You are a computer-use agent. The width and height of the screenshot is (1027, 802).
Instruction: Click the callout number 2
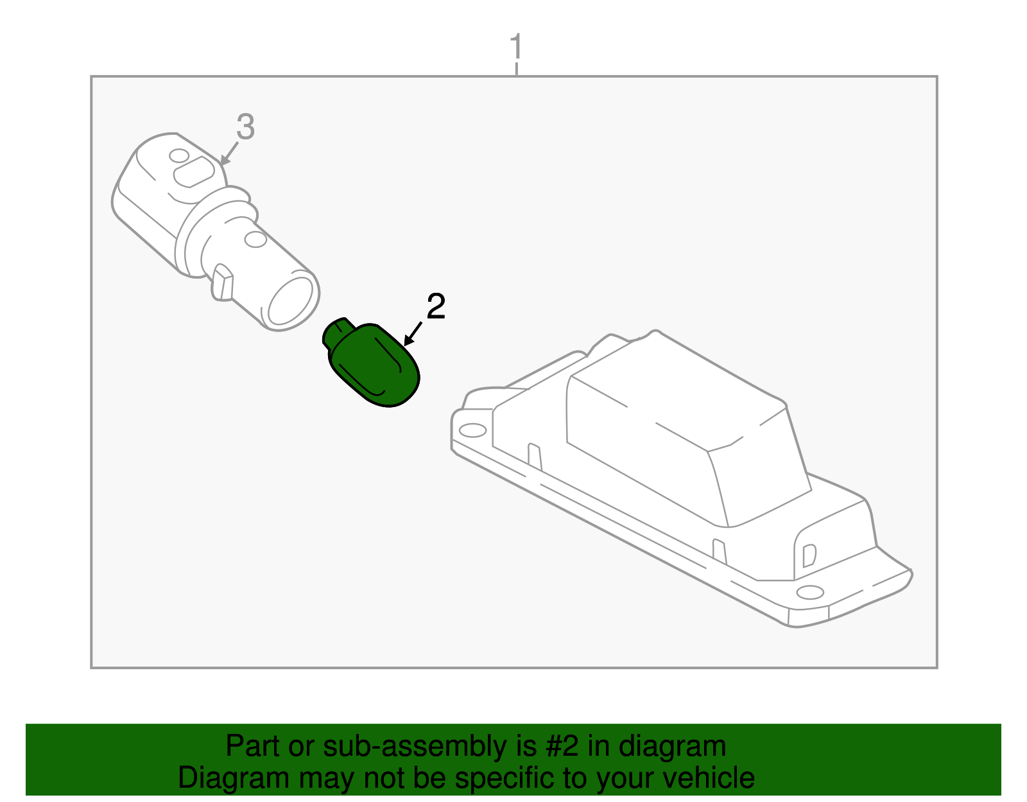coord(436,307)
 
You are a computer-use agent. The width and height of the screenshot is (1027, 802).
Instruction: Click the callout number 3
coord(245,126)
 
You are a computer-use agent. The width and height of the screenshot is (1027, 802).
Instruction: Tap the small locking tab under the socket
coord(223,283)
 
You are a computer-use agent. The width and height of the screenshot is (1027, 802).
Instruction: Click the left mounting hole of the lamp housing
coord(473,430)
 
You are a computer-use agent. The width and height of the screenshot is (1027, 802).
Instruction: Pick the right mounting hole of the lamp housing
coord(810,591)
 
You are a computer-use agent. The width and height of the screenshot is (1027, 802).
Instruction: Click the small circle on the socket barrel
coord(255,240)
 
